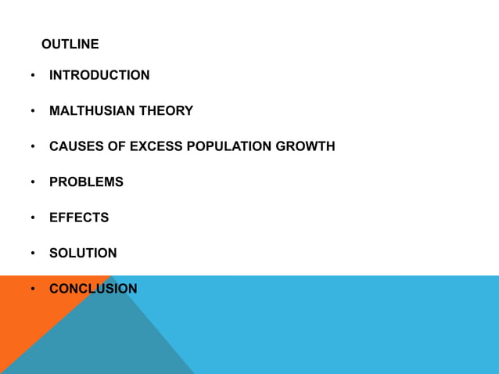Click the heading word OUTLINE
pos(70,44)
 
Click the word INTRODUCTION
pos(99,75)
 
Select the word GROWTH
pos(306,146)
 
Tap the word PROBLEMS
pos(86,182)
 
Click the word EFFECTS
pos(79,218)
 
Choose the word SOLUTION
pos(83,254)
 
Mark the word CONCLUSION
pos(93,289)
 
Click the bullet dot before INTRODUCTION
pos(33,76)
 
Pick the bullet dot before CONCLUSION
pos(33,289)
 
